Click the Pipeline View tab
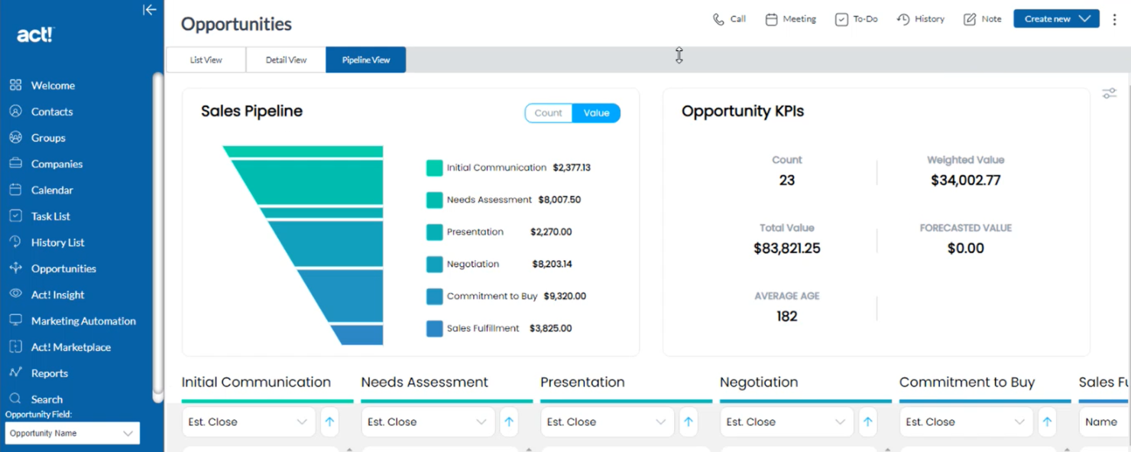coord(365,60)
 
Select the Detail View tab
coord(286,60)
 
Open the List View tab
coord(206,60)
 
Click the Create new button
coord(1055,18)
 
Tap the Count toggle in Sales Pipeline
coord(548,113)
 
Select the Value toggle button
coord(596,113)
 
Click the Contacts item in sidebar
coord(52,112)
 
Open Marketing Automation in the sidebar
coord(83,321)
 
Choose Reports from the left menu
coord(50,373)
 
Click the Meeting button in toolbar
coord(791,19)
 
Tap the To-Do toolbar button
coord(857,19)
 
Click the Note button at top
coord(983,19)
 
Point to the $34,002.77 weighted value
coord(965,180)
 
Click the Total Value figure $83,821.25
coord(786,248)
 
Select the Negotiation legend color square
coord(434,265)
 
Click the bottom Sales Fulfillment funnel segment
coord(358,335)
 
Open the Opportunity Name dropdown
coord(73,433)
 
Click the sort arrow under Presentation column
coord(688,421)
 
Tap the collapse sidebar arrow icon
coord(149,10)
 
